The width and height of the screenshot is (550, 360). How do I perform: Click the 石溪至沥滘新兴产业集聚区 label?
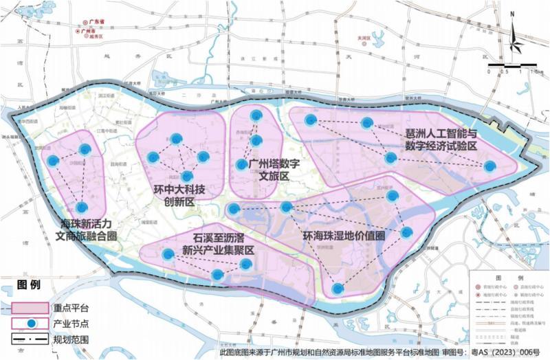(210, 245)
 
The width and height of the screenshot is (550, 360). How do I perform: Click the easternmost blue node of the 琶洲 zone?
(489, 166)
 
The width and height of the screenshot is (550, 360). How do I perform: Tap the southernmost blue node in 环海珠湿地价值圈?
(337, 289)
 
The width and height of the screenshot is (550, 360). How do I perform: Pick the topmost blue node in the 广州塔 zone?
(256, 115)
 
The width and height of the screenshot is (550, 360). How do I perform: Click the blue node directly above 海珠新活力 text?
(82, 207)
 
